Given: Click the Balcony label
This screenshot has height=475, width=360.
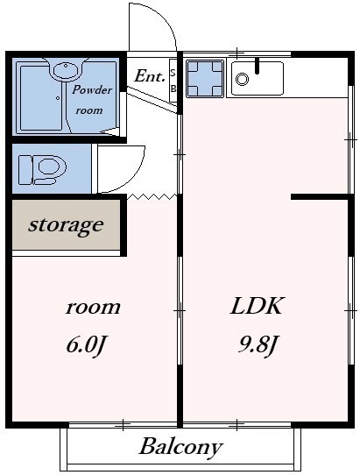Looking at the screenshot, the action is tap(180, 448).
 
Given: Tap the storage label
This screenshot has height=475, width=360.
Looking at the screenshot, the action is tap(66, 225).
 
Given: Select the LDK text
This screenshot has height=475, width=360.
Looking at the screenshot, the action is tap(257, 306).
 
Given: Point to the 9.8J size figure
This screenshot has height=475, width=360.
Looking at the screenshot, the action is tap(258, 345).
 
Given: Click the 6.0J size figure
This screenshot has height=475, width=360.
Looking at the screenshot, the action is tap(86, 345).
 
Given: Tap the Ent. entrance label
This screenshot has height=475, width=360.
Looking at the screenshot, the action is tap(150, 75).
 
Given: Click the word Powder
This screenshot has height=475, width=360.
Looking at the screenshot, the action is tap(92, 90).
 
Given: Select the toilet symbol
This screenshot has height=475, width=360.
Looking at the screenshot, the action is tap(42, 170).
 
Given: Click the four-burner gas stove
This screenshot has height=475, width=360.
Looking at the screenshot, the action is tap(205, 79).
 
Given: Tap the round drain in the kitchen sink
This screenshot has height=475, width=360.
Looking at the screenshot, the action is tap(242, 80).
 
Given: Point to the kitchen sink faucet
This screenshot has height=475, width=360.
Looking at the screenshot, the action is tap(257, 66).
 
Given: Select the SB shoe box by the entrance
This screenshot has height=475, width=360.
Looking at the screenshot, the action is tap(173, 81).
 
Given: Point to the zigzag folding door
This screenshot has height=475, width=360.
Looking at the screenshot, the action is tap(152, 196).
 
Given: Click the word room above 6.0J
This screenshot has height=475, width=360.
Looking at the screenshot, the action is tap(93, 308).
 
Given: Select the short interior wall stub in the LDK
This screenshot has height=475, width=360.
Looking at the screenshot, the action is tap(320, 196).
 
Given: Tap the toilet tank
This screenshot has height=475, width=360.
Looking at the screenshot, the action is tap(25, 170).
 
